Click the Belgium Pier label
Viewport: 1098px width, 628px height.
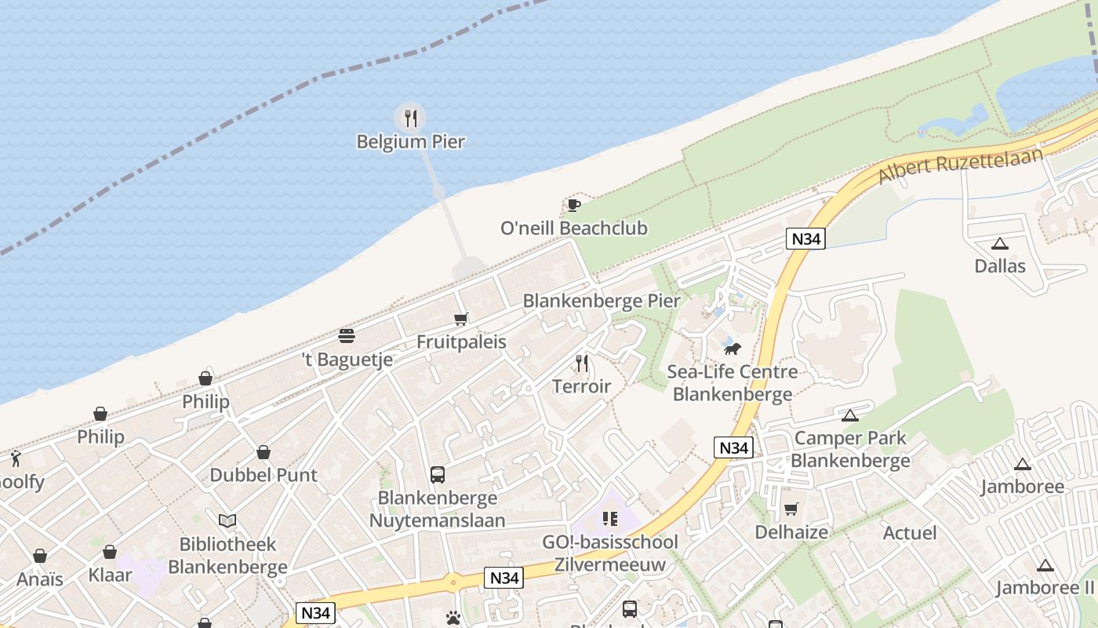pos(410,142)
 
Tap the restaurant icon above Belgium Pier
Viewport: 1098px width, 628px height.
pos(410,119)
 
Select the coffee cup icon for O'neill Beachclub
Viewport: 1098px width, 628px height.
pos(574,206)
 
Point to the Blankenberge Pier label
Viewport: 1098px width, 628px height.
pos(602,301)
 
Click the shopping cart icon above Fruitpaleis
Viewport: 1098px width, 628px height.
pos(461,319)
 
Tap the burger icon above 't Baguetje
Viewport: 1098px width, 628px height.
pos(347,336)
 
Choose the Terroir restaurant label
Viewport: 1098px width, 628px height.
pos(581,386)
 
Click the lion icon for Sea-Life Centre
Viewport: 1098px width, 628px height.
pos(732,348)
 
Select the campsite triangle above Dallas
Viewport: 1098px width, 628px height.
pos(999,243)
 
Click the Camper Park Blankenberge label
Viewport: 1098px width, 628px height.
pos(850,449)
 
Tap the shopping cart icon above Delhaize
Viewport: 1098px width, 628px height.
pos(791,509)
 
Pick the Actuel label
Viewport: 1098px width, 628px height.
pos(910,533)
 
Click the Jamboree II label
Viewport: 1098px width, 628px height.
pos(1045,588)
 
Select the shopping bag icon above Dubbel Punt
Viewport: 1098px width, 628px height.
pos(264,452)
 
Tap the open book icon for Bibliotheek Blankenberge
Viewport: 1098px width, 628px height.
pos(227,520)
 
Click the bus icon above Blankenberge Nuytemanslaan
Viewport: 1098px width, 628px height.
pos(438,474)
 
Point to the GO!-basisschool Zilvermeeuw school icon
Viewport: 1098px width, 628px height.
pos(610,519)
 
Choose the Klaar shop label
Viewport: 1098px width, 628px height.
pos(110,575)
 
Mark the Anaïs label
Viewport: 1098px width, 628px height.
pos(40,579)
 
